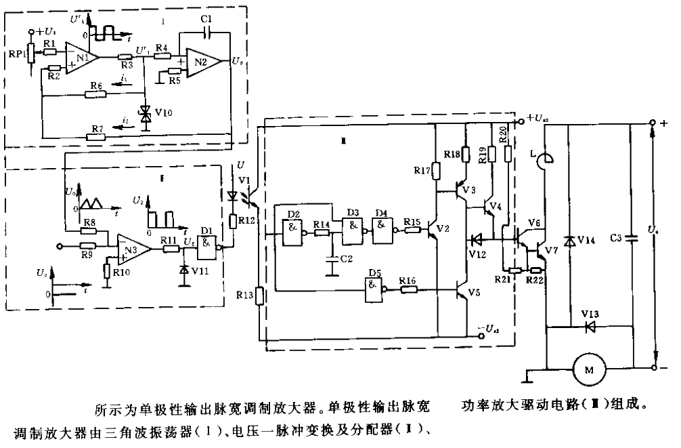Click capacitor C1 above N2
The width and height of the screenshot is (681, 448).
click(x=208, y=30)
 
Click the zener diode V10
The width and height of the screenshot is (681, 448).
click(x=144, y=115)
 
